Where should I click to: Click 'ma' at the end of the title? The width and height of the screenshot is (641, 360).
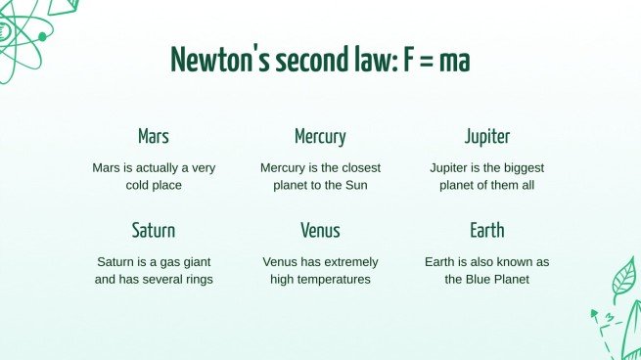coord(455,61)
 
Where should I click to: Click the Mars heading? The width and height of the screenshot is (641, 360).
coord(154,137)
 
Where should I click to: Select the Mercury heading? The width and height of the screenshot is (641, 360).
coord(320,137)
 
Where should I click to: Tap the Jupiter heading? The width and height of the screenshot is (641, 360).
coord(486,137)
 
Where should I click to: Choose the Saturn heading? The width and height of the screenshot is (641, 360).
coord(154,231)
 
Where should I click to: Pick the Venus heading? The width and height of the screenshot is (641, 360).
coord(320,231)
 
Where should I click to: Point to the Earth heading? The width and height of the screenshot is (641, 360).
coord(486,231)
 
